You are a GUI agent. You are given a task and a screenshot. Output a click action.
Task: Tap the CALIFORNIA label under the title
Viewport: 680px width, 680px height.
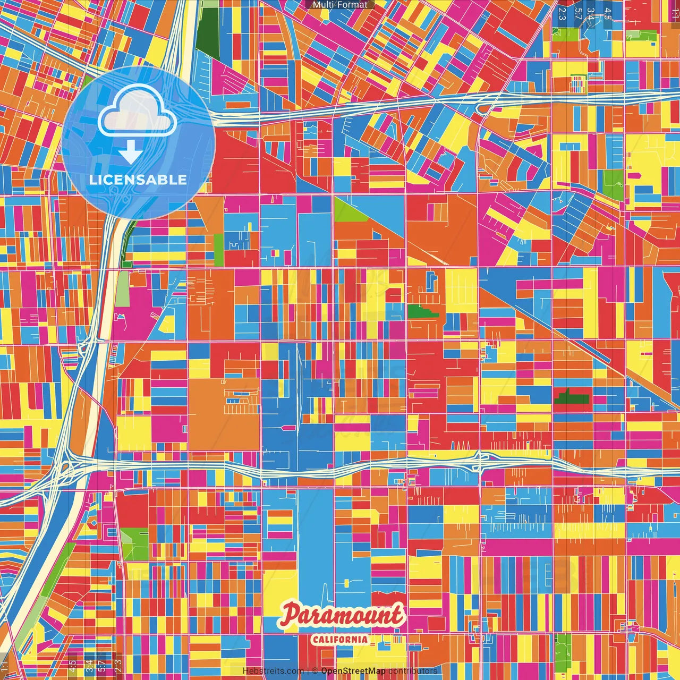point(340,639)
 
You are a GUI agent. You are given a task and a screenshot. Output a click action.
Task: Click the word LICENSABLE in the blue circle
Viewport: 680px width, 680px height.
point(138,180)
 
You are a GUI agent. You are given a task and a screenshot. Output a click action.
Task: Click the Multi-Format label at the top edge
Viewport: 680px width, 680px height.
point(340,5)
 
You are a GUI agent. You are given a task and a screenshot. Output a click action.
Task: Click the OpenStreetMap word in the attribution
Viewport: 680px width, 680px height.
point(353,671)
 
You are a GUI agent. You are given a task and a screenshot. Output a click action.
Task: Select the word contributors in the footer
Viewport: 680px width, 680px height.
point(413,671)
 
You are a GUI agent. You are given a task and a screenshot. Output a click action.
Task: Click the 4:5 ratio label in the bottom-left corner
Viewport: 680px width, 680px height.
point(72,665)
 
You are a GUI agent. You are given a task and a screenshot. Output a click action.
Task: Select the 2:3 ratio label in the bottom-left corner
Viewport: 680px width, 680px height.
point(118,665)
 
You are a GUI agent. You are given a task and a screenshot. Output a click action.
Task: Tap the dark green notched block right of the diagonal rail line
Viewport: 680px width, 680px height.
point(571,397)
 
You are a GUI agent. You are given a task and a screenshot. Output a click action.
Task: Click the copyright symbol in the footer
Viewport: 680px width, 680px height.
point(314,671)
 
